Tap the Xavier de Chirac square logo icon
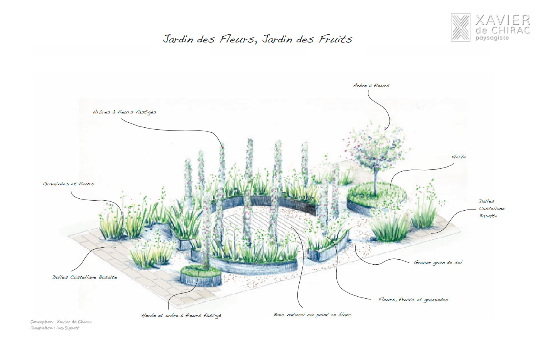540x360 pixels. click(461, 27)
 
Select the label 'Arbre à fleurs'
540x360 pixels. click(371, 85)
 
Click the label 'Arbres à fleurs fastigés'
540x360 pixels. click(125, 112)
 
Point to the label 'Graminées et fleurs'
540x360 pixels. click(69, 184)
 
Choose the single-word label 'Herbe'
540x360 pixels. click(459, 157)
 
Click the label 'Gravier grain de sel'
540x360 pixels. click(438, 262)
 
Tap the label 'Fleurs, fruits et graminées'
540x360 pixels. click(413, 299)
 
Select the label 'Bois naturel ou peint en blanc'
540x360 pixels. click(312, 314)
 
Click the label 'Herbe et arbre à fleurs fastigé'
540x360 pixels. click(181, 315)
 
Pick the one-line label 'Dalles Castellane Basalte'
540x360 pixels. click(84, 277)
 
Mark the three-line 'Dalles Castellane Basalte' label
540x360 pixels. click(491, 208)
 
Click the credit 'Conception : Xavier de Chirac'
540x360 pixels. click(61, 322)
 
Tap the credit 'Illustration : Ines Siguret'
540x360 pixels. click(55, 328)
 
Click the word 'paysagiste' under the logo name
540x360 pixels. click(492, 38)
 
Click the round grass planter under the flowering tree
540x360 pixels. click(376, 197)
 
